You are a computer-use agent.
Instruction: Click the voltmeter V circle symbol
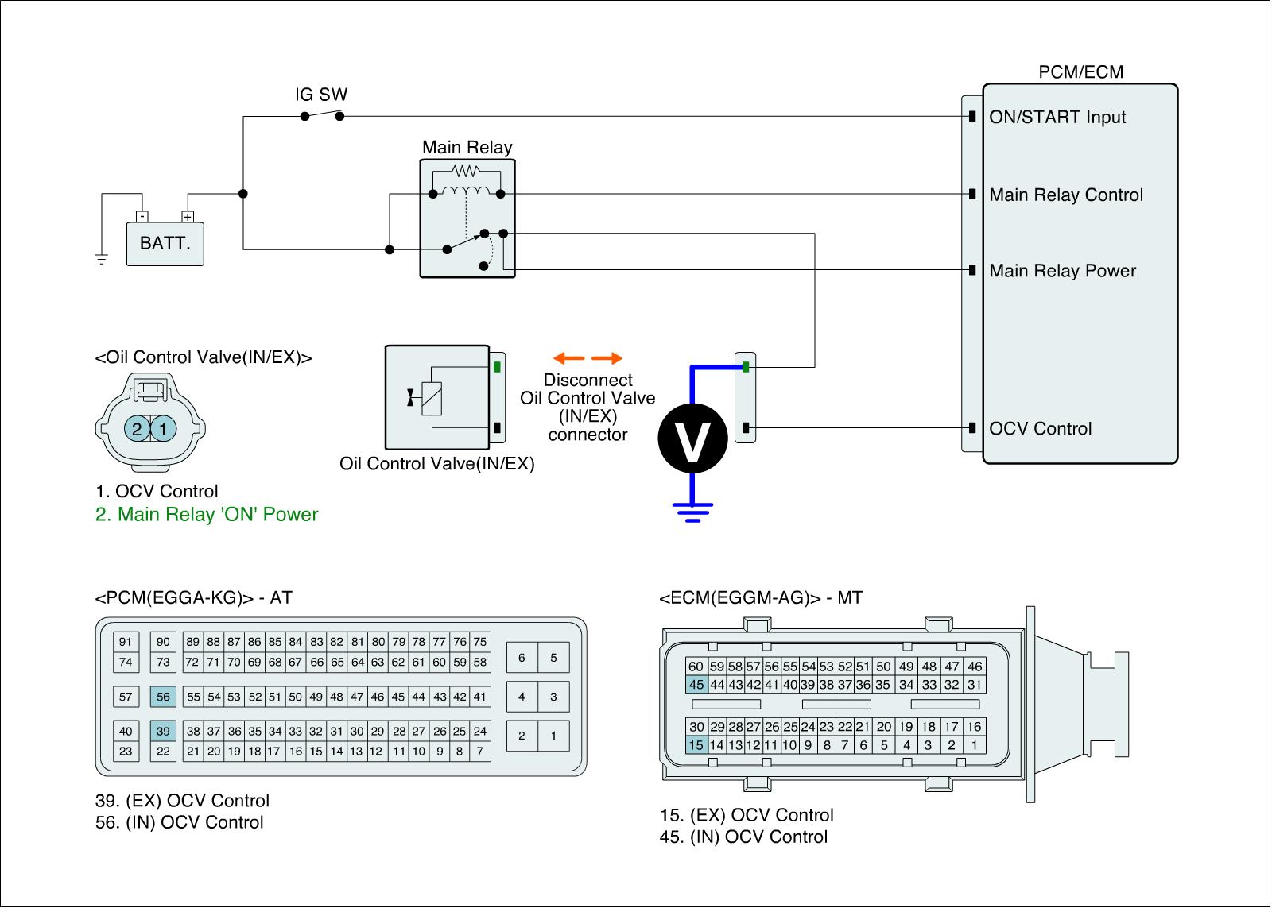[692, 439]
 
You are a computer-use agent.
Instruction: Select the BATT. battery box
[165, 242]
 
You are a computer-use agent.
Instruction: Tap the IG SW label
[321, 95]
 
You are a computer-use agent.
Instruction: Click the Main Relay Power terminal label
[1062, 271]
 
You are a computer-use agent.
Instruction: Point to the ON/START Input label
[1057, 118]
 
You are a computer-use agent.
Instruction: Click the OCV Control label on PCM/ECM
[1040, 429]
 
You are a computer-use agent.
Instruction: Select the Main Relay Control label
[1065, 195]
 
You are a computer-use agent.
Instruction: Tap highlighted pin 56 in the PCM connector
[163, 697]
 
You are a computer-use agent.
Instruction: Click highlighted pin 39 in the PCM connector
[163, 731]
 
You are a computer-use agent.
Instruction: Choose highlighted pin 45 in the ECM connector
[696, 685]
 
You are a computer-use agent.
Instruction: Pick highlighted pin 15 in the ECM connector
[696, 745]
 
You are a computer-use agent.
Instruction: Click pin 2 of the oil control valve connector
[137, 430]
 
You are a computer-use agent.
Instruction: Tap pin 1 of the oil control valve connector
[163, 430]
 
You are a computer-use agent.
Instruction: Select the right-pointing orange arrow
[608, 358]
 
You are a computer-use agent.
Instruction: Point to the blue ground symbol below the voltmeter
[692, 512]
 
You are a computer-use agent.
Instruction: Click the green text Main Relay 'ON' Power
[207, 515]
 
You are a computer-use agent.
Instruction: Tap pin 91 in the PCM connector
[126, 642]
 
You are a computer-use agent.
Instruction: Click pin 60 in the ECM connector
[696, 667]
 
